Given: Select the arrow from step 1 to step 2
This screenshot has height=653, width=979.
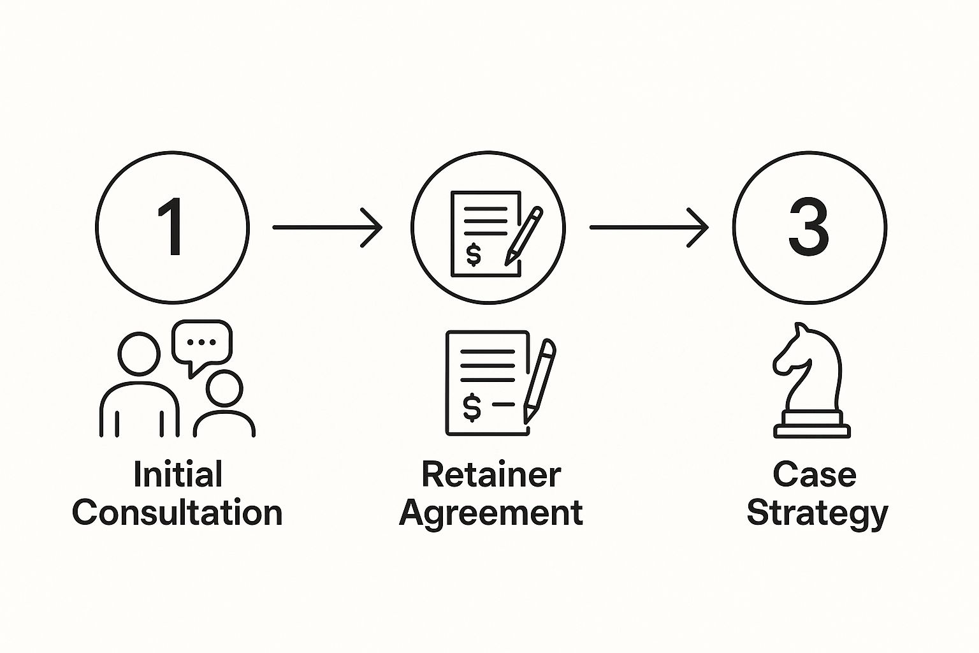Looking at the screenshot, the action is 328,228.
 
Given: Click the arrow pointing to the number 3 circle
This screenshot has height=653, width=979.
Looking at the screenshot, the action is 649,228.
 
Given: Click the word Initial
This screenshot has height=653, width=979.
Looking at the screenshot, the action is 178,474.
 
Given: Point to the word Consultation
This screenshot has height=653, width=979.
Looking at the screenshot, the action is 177,512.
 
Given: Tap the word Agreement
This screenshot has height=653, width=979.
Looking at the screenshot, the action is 491,514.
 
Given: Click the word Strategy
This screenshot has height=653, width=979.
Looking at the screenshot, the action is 817,514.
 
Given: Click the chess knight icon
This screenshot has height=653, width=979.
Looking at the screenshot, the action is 811,381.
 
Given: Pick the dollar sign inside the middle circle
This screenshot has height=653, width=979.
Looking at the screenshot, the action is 474,255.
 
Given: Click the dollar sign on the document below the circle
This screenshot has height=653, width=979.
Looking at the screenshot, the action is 472,407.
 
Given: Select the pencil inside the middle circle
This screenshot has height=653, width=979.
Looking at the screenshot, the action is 524,236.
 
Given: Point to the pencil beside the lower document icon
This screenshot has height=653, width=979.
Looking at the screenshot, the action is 539,381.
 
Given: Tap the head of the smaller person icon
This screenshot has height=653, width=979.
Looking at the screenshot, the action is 224,388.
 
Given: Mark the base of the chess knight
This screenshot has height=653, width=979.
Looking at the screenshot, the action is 811,425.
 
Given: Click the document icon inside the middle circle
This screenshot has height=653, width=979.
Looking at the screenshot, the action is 486,234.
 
